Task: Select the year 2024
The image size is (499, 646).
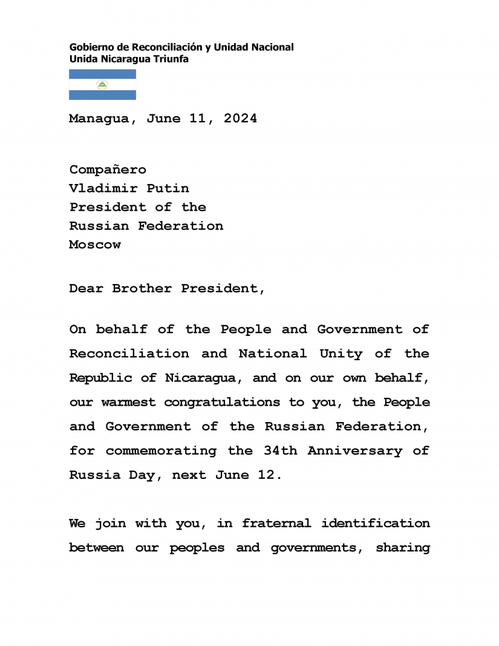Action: (x=240, y=119)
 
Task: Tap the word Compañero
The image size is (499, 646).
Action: (x=108, y=170)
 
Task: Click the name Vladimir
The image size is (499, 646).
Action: (x=103, y=188)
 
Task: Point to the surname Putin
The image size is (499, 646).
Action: (x=168, y=188)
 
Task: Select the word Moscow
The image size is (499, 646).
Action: (x=95, y=245)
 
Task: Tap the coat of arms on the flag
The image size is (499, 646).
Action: (x=102, y=85)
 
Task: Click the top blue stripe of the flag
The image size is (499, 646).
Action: (x=102, y=74)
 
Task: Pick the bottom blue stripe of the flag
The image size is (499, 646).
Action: (x=102, y=95)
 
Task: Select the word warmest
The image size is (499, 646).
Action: (x=129, y=402)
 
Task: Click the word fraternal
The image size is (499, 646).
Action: (x=276, y=523)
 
